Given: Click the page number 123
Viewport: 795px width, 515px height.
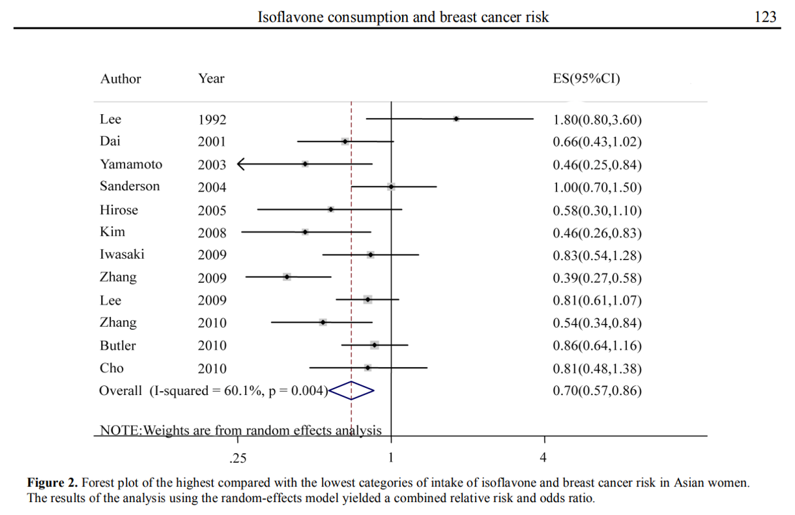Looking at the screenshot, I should tap(765, 16).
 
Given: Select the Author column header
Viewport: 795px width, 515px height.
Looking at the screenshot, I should tap(121, 79).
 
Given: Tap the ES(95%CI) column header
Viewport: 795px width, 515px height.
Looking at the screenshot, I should tap(586, 79).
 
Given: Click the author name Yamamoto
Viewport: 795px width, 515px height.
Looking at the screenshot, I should tap(131, 164).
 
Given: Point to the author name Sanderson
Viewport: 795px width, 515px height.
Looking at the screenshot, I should tap(130, 186).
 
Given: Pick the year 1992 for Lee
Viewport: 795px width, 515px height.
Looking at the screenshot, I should tap(212, 119).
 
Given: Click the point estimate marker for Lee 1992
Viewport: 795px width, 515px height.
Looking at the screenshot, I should tap(456, 119).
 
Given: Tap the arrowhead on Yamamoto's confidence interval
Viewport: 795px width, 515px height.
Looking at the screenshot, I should tap(240, 164).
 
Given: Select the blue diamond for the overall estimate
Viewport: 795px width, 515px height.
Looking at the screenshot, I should tap(351, 390).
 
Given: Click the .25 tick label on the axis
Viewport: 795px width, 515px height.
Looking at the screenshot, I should tap(238, 458).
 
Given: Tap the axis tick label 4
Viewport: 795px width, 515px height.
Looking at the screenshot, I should tap(543, 458).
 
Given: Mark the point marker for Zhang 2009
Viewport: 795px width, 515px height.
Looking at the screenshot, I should tap(287, 277).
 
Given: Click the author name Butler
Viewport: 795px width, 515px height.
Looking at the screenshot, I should tap(118, 346).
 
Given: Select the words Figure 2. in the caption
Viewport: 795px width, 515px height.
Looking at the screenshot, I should tap(52, 483).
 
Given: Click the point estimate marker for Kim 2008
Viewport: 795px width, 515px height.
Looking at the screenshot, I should tap(305, 231).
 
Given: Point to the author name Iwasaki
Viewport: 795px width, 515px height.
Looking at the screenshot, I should tap(122, 255).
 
